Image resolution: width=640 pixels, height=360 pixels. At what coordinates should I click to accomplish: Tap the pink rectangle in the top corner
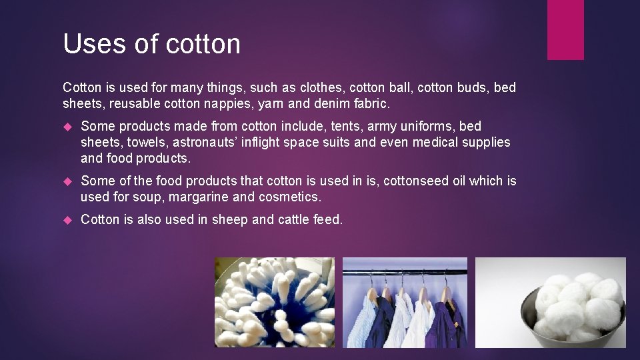tap(565, 30)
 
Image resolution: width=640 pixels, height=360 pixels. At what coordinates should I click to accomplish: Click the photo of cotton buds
tap(274, 302)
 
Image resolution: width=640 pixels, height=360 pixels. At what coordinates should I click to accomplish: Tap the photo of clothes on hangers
tap(405, 302)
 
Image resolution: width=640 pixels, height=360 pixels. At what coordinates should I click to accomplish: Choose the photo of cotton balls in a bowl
tap(551, 302)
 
